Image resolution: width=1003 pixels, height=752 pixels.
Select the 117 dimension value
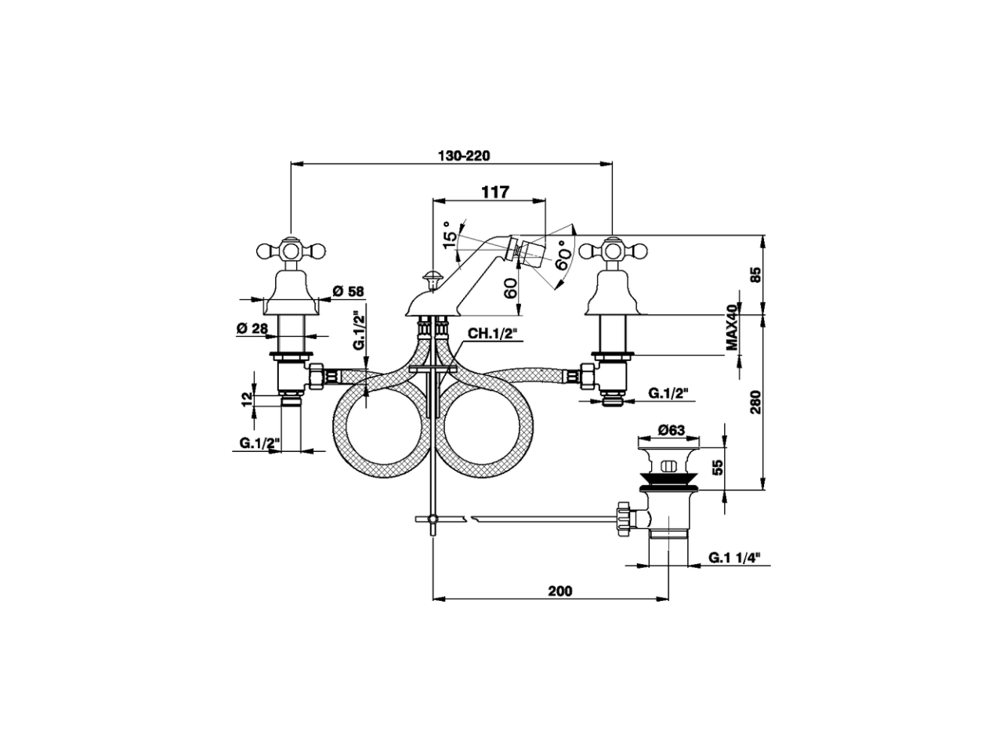coord(495,192)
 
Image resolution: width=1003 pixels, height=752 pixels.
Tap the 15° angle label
coord(449,233)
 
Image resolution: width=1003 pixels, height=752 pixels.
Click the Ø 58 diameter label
coord(349,291)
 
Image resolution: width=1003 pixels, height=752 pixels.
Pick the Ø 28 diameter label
coord(252,327)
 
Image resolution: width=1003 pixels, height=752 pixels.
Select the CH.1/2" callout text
coord(493,334)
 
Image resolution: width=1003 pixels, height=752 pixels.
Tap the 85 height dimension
coord(755,275)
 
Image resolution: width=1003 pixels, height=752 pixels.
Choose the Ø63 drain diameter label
coord(672,429)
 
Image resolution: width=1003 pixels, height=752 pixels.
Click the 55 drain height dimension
coord(715,468)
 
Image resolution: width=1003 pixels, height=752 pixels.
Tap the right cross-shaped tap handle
coord(612,251)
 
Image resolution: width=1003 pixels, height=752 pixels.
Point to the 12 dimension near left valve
coord(247,398)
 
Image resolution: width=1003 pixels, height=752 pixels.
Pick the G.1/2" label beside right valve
coord(672,394)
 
